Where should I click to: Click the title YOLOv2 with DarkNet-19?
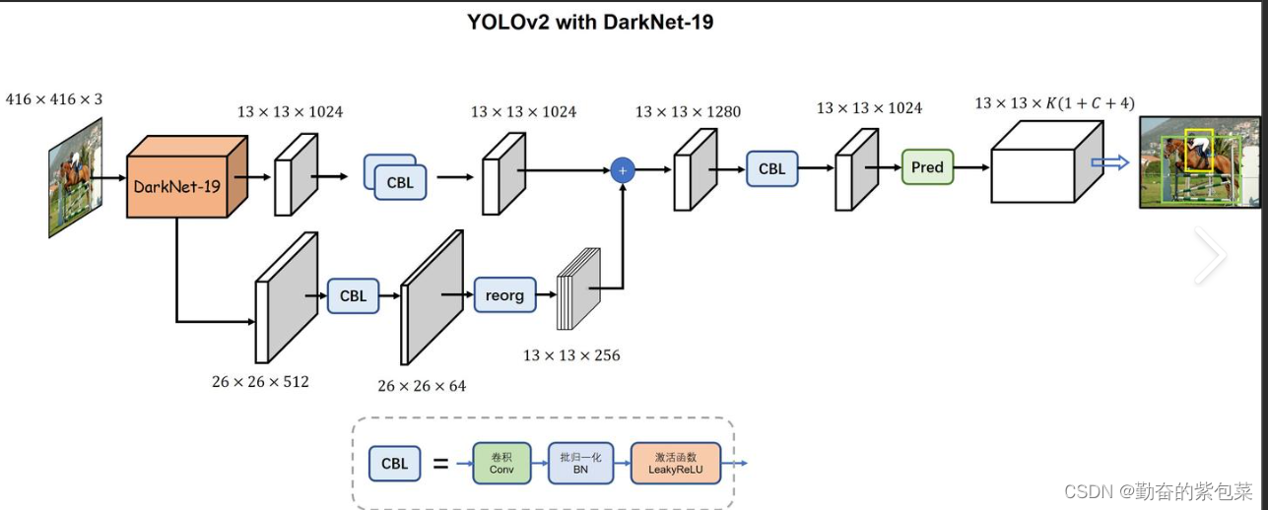click(x=590, y=22)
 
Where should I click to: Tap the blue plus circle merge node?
click(x=622, y=170)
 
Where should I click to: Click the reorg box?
click(x=504, y=295)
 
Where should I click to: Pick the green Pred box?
click(x=927, y=167)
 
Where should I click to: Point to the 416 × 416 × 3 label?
click(x=53, y=99)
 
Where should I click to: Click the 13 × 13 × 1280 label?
click(x=688, y=112)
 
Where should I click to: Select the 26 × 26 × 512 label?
click(x=260, y=381)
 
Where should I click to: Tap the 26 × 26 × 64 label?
click(x=422, y=386)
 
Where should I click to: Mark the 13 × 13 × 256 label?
click(x=571, y=355)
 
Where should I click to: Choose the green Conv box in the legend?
click(x=501, y=463)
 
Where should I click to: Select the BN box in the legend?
click(x=580, y=463)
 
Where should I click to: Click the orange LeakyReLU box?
click(x=675, y=463)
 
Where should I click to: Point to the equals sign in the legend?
click(x=440, y=463)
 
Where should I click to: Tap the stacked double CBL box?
click(x=395, y=178)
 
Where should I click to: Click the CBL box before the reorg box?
click(x=353, y=295)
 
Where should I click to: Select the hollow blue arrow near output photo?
click(x=1109, y=163)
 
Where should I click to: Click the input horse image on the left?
click(x=76, y=177)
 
